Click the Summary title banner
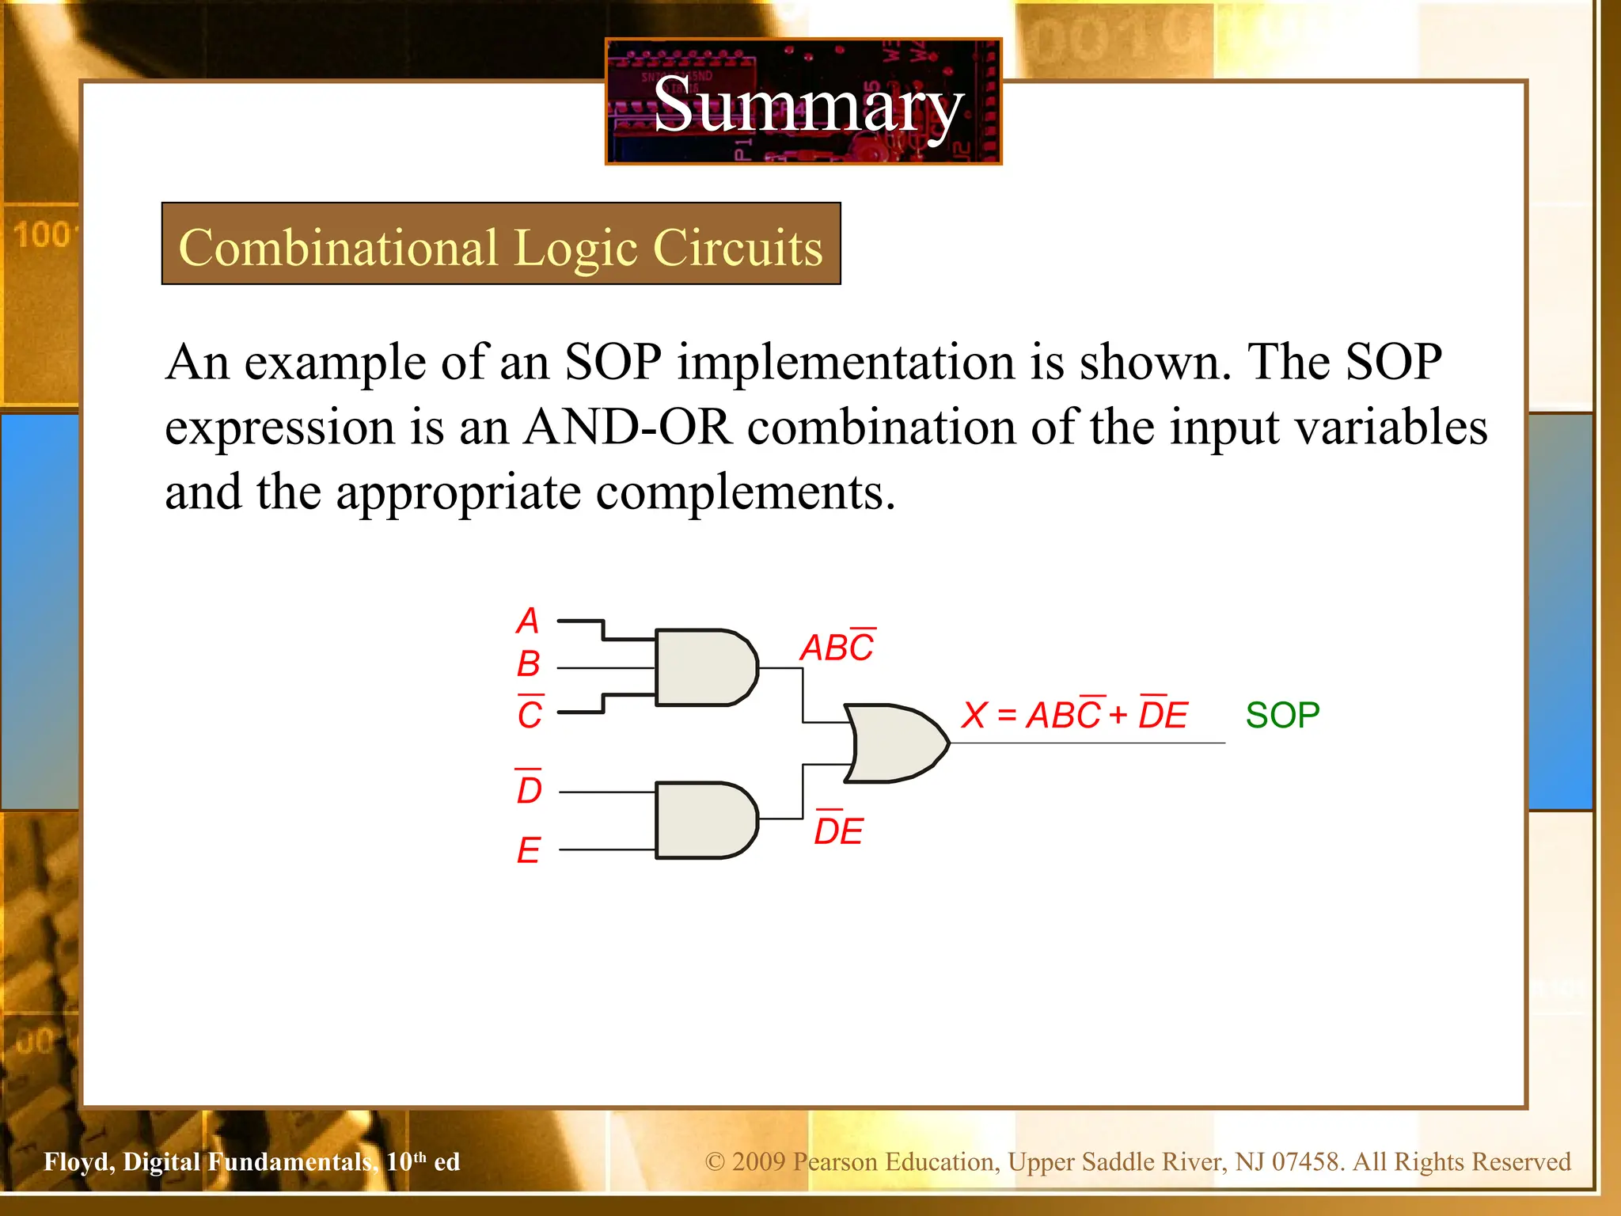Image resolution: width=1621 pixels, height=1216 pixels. pos(803,103)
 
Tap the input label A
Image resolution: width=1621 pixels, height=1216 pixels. pos(528,621)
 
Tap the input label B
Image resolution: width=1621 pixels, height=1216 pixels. pos(528,664)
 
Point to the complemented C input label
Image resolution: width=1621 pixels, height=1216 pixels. pos(530,713)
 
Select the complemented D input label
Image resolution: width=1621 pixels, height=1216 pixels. pos(529,788)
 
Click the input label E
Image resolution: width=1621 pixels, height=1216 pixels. pos(529,851)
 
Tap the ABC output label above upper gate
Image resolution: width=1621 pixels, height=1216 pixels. pos(837,647)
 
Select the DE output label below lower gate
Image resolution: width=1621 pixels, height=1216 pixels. pos(838,830)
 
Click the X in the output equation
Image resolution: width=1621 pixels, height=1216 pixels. pos(974,715)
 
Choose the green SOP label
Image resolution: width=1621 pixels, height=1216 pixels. pos(1282,715)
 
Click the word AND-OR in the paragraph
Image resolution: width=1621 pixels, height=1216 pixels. pos(628,427)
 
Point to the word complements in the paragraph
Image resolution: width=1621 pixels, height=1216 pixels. pos(744,492)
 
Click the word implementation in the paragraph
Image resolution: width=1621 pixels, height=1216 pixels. pos(845,363)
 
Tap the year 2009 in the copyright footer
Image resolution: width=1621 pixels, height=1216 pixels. pos(757,1161)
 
